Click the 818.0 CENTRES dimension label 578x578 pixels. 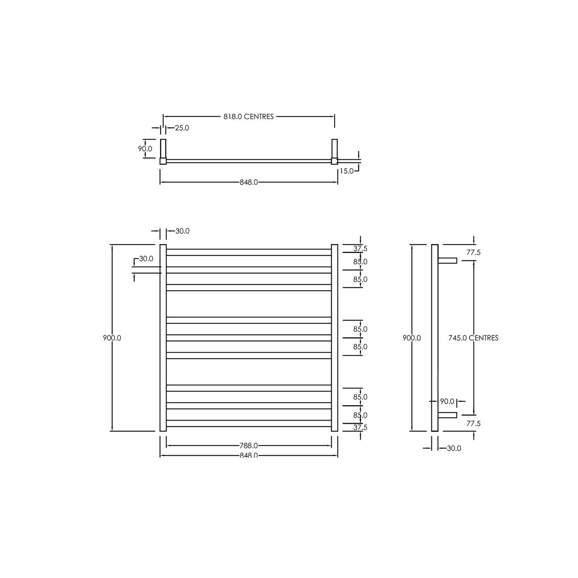(x=248, y=117)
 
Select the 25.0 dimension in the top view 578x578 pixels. (x=182, y=128)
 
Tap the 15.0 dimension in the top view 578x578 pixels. (x=346, y=171)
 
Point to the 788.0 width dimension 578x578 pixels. (x=249, y=446)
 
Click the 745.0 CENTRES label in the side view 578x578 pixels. (x=473, y=338)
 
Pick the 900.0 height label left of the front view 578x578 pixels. (x=112, y=338)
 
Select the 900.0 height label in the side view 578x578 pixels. (x=412, y=338)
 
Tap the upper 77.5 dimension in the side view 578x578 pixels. (x=473, y=252)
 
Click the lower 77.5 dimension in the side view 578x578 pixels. (x=473, y=423)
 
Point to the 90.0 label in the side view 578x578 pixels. (x=447, y=401)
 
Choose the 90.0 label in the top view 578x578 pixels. (x=145, y=149)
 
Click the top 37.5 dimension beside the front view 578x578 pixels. (x=360, y=248)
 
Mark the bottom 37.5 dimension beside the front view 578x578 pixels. (x=360, y=427)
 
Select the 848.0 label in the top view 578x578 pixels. (x=249, y=182)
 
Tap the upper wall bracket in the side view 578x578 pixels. (x=447, y=260)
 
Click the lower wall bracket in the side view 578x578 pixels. (x=447, y=415)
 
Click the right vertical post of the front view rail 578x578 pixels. (x=334, y=338)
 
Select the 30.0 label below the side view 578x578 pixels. (x=454, y=448)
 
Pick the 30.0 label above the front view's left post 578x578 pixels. (x=182, y=231)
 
